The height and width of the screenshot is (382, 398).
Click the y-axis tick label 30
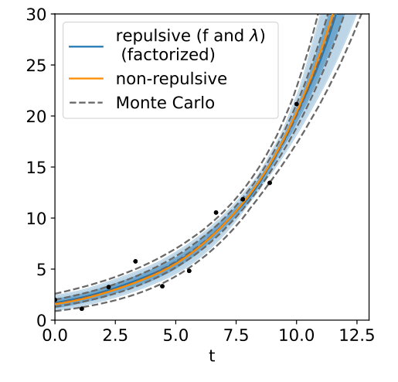click(x=36, y=14)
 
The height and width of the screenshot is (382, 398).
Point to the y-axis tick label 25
click(x=36, y=65)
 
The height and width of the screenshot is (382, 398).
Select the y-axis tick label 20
click(x=36, y=116)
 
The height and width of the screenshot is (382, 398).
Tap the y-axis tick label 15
click(x=36, y=167)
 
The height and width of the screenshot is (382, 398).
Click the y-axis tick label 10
click(x=36, y=218)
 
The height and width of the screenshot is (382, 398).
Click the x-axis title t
click(x=212, y=356)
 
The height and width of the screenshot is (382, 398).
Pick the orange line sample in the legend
click(x=87, y=78)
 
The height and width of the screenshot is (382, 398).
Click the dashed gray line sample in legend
click(x=87, y=102)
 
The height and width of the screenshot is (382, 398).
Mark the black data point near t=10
click(x=296, y=104)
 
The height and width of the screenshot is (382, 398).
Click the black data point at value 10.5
click(x=216, y=213)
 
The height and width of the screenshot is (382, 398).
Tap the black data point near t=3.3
click(x=135, y=261)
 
